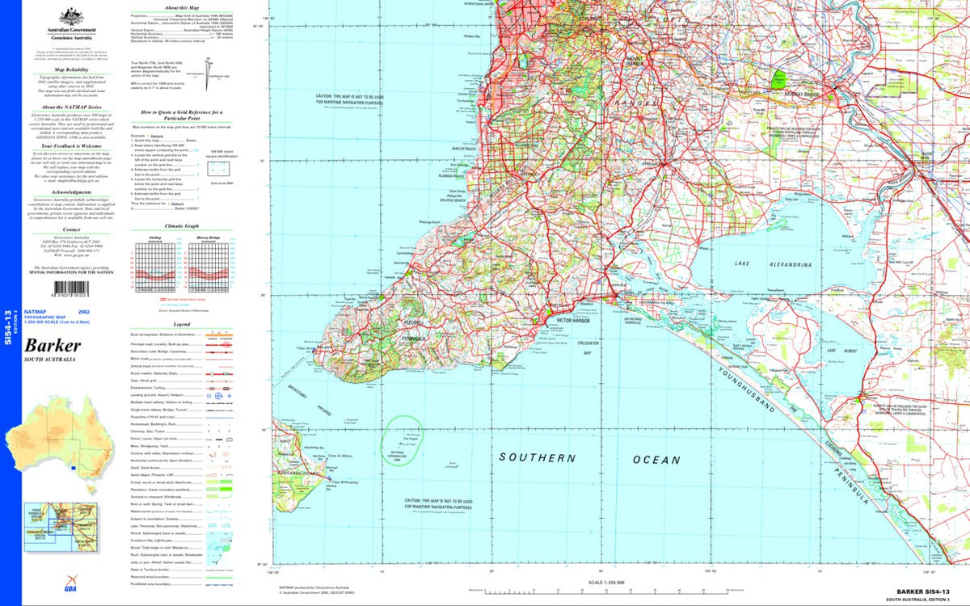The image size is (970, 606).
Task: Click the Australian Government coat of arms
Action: pyautogui.click(x=71, y=15)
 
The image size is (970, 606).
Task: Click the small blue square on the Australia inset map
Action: pyautogui.click(x=74, y=467)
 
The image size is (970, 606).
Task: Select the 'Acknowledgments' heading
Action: pyautogui.click(x=71, y=192)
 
